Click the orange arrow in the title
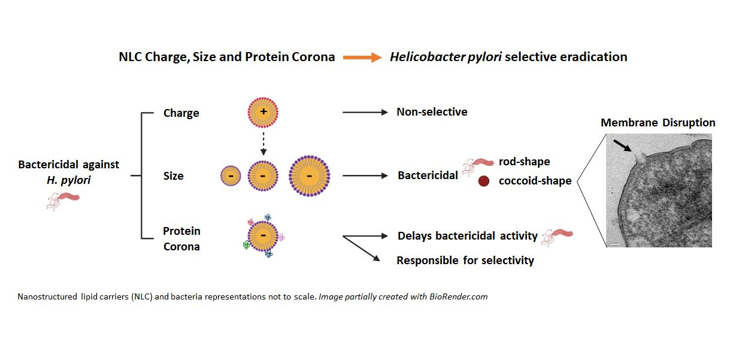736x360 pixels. (362, 58)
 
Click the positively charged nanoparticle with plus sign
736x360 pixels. (263, 113)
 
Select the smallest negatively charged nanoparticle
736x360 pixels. (231, 176)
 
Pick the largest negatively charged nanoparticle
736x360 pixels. (309, 176)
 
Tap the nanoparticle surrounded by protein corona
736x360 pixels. (263, 236)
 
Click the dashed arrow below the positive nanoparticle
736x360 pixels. (263, 144)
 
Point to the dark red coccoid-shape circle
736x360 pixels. (484, 181)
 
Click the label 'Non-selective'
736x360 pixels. (432, 112)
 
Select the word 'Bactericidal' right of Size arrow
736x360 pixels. (428, 176)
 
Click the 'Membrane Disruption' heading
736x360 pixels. (658, 123)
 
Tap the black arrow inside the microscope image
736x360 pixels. (622, 146)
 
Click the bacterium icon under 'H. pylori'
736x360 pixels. (63, 201)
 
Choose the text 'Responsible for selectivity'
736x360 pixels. (465, 261)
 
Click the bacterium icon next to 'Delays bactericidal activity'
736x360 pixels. (557, 238)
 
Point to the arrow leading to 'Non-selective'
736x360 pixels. (365, 113)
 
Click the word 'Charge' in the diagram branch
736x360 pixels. (181, 113)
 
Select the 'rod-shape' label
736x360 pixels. (525, 162)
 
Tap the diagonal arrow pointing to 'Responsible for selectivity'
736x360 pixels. (362, 249)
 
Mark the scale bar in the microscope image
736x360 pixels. (615, 244)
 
